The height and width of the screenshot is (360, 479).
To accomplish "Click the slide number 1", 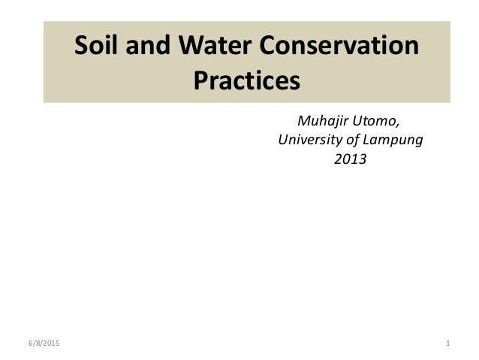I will click(447, 344).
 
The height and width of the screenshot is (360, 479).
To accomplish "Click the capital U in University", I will click(283, 140).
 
